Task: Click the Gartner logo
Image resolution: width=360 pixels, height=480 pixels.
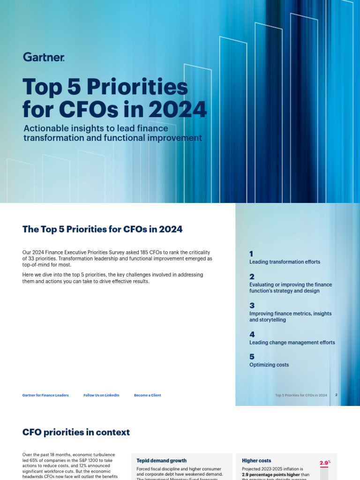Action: tap(43, 57)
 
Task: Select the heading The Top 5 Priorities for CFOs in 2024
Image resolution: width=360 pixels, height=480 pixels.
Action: tap(102, 229)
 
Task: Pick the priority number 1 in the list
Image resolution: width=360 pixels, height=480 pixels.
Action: tap(251, 254)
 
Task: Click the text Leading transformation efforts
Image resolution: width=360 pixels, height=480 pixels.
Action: tap(285, 262)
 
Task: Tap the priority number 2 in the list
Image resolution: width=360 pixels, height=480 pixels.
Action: tap(252, 276)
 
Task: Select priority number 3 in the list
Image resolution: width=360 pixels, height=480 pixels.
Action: tap(252, 305)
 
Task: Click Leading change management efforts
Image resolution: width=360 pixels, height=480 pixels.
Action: tap(292, 343)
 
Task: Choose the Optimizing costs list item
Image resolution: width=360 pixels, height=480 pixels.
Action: tap(269, 365)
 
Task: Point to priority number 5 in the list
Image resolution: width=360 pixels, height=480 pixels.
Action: tap(252, 357)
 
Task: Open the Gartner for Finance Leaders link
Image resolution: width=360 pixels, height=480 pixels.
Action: tap(45, 395)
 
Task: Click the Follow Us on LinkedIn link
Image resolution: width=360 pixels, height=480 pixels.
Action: tap(101, 395)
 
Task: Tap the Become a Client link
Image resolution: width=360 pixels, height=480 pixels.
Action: tap(147, 395)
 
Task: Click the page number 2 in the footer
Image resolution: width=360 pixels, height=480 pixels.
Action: tap(336, 395)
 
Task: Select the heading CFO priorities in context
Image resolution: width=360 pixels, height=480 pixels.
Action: tap(76, 432)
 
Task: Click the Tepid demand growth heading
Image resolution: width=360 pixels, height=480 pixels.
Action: tap(161, 460)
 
